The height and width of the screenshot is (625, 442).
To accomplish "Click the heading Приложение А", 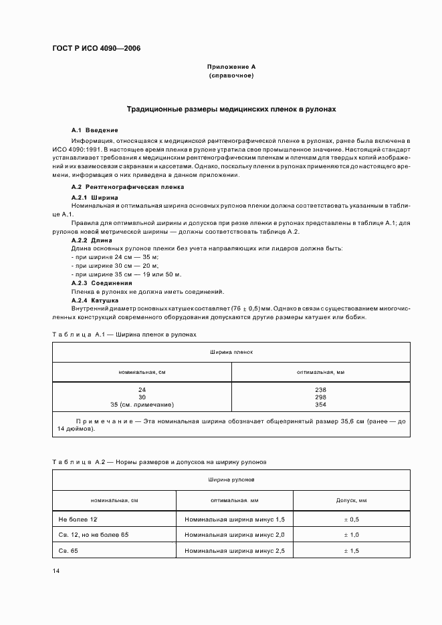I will click(231, 67).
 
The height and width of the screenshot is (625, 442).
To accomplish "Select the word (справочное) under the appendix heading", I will click(231, 76).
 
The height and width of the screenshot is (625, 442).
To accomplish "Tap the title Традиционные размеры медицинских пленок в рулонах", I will click(231, 108).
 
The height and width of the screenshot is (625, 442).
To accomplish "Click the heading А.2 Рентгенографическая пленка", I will click(127, 187).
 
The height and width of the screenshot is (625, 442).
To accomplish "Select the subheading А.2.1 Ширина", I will click(95, 198).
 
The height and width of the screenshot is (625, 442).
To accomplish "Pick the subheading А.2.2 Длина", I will click(92, 240).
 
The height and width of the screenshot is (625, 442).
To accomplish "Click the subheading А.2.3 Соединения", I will click(101, 282).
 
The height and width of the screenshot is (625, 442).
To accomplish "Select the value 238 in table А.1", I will click(320, 389).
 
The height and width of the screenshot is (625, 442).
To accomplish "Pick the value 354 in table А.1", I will click(320, 405).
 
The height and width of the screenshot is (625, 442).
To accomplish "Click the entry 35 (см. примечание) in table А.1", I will click(142, 405).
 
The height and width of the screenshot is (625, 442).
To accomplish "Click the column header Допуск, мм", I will click(351, 499).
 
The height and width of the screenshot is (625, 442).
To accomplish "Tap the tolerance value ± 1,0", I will click(351, 535).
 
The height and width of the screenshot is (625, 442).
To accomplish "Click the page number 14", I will click(56, 572).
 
